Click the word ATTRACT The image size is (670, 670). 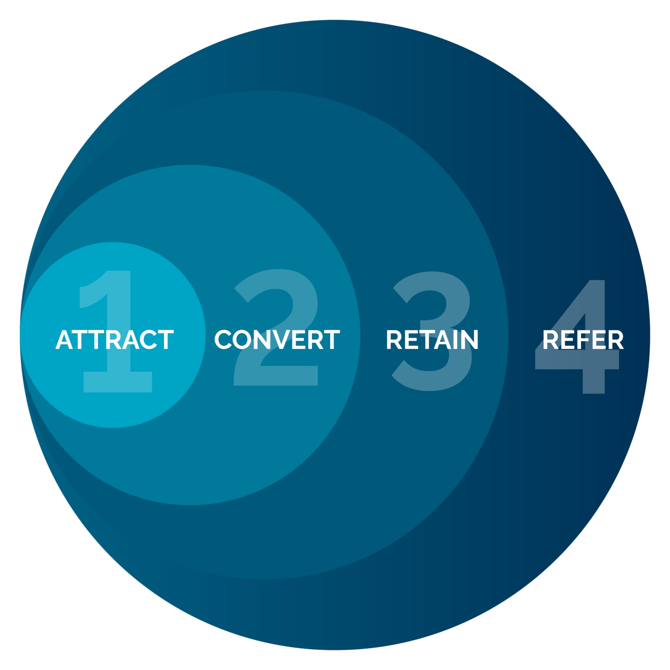114,340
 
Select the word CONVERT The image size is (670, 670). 277,340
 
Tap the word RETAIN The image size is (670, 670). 432,340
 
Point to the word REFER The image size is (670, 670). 583,340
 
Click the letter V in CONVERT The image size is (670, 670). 281,340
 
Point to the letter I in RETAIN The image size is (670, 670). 451,340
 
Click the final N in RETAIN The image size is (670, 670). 468,340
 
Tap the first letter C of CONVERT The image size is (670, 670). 224,340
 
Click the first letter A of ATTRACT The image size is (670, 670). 65,340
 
